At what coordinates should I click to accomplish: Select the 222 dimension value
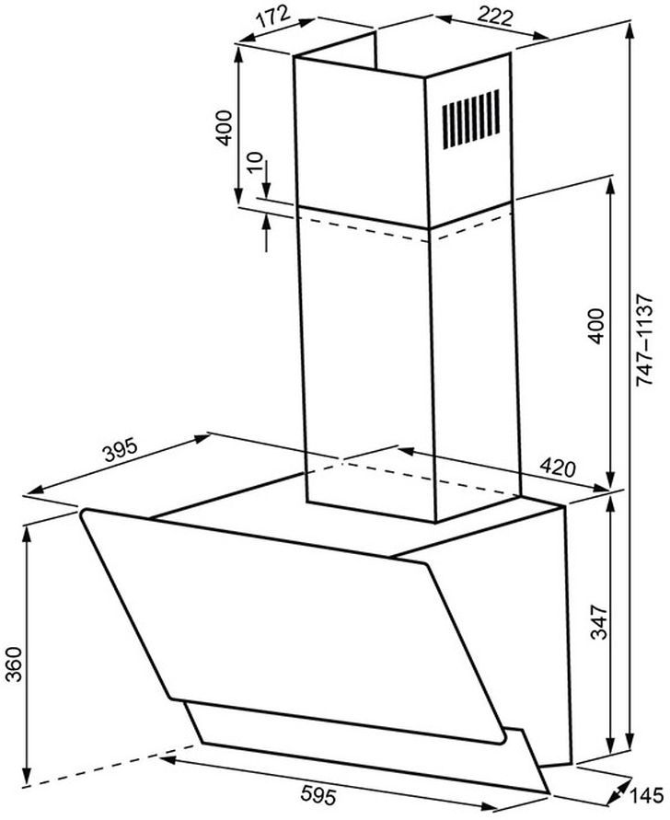pyautogui.click(x=495, y=17)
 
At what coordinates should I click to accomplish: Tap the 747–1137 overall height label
pyautogui.click(x=644, y=341)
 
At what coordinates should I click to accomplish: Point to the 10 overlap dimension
pyautogui.click(x=255, y=163)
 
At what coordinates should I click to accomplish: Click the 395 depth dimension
pyautogui.click(x=120, y=450)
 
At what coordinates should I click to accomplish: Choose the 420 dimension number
pyautogui.click(x=557, y=466)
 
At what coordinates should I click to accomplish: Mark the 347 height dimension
pyautogui.click(x=599, y=622)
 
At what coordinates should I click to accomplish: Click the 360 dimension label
pyautogui.click(x=15, y=664)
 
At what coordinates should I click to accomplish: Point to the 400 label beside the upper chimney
pyautogui.click(x=224, y=128)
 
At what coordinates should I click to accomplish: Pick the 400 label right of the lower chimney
pyautogui.click(x=595, y=327)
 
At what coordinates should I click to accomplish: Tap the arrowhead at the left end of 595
pyautogui.click(x=167, y=759)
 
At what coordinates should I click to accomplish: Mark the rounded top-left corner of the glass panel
pyautogui.click(x=83, y=514)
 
